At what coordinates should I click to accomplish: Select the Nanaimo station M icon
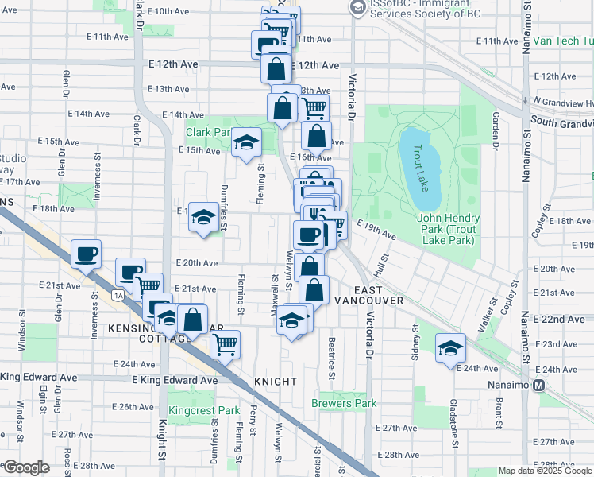[539, 386]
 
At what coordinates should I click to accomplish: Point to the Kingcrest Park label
[204, 411]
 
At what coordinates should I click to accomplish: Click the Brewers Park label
[344, 403]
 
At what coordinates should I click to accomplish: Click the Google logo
[25, 467]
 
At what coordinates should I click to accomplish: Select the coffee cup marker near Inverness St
[86, 254]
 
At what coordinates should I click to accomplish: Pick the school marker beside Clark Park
[246, 142]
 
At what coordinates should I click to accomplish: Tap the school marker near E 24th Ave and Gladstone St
[450, 347]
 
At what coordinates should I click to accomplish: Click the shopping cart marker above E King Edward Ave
[226, 344]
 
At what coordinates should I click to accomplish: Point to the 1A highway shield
[118, 296]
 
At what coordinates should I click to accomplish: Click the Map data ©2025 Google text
[545, 471]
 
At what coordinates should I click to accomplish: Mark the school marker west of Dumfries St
[203, 216]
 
